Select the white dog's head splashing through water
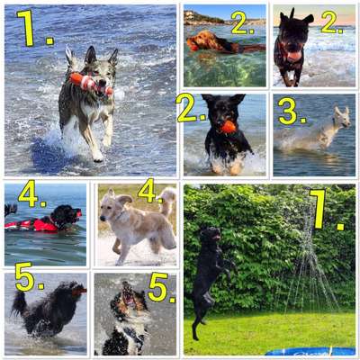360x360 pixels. (x=340, y=117)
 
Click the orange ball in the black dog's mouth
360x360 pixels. (x=229, y=127)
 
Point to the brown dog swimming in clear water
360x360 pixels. (x=211, y=42)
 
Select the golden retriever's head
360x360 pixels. (x=114, y=209)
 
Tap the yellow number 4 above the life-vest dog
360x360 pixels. (x=31, y=193)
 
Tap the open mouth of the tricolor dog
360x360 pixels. (x=130, y=298)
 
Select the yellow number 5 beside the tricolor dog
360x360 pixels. (x=160, y=288)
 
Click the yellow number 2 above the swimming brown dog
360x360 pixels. (x=241, y=22)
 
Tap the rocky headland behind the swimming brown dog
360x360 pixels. (x=202, y=17)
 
